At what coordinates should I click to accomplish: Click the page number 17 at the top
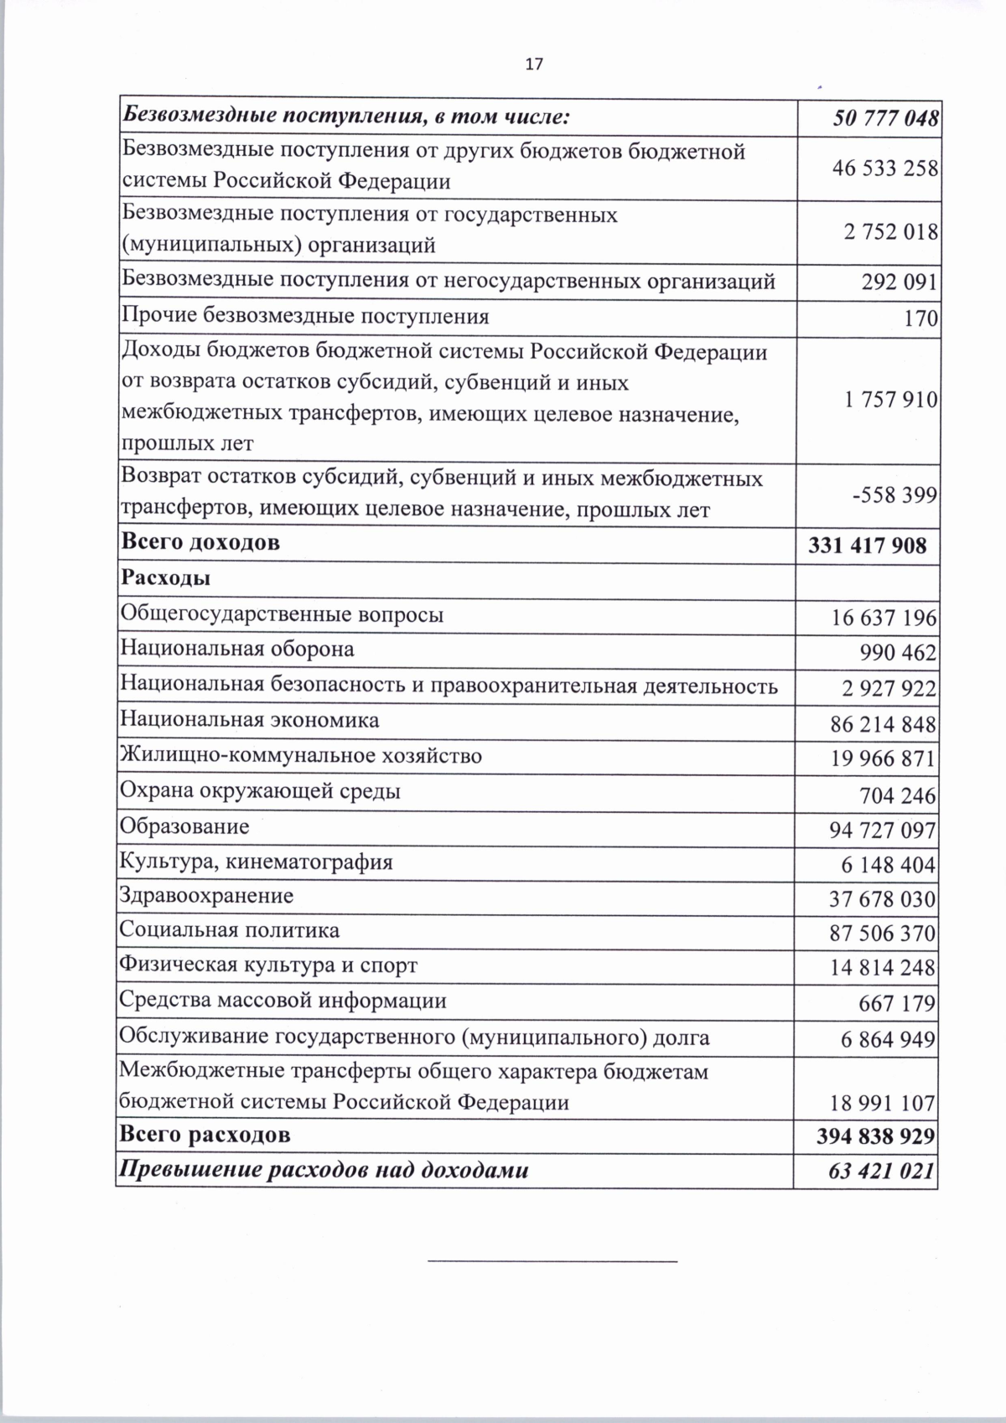point(533,65)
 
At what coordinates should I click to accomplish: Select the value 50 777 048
point(884,118)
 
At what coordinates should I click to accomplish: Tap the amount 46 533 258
point(884,168)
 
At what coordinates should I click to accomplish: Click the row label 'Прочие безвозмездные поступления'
point(305,317)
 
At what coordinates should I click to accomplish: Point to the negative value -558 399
point(893,495)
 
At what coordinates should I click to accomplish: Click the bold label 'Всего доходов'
point(201,542)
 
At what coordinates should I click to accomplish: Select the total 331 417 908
point(868,546)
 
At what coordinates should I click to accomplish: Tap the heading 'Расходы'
point(166,578)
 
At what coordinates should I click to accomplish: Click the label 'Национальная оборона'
point(237,649)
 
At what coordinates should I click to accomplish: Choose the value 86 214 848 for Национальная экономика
point(883,724)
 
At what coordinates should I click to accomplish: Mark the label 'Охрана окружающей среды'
point(260,791)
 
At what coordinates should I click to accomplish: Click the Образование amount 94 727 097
point(883,831)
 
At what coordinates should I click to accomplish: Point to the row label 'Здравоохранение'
point(206,895)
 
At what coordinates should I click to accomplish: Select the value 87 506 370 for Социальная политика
point(883,934)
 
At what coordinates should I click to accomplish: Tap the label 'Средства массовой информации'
point(283,1001)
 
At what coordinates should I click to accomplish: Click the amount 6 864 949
point(888,1039)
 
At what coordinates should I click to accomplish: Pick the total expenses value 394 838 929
point(875,1136)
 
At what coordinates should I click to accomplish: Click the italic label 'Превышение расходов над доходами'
point(324,1171)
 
